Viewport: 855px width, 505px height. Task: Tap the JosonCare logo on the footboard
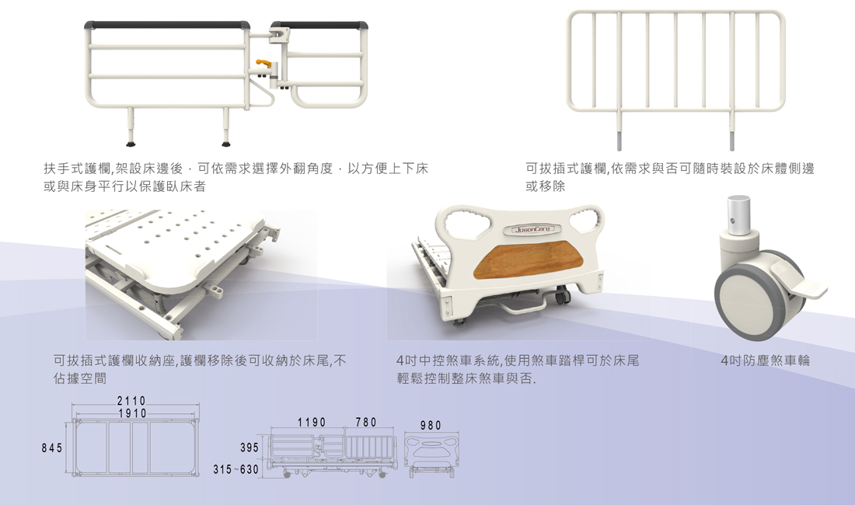coord(532,229)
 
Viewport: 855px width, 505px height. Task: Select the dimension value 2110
coord(131,401)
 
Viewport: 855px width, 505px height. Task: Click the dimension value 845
coord(53,448)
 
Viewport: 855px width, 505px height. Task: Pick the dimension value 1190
coord(312,423)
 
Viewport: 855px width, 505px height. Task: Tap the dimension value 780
coord(366,423)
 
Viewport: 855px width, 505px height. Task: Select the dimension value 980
coord(430,426)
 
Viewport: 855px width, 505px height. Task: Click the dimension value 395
coord(249,448)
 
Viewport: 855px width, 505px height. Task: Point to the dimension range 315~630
coord(236,470)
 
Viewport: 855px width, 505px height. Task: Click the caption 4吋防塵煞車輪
coord(766,361)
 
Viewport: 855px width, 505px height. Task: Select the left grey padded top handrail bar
coord(168,26)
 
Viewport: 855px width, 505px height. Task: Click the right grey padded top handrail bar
coord(319,26)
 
